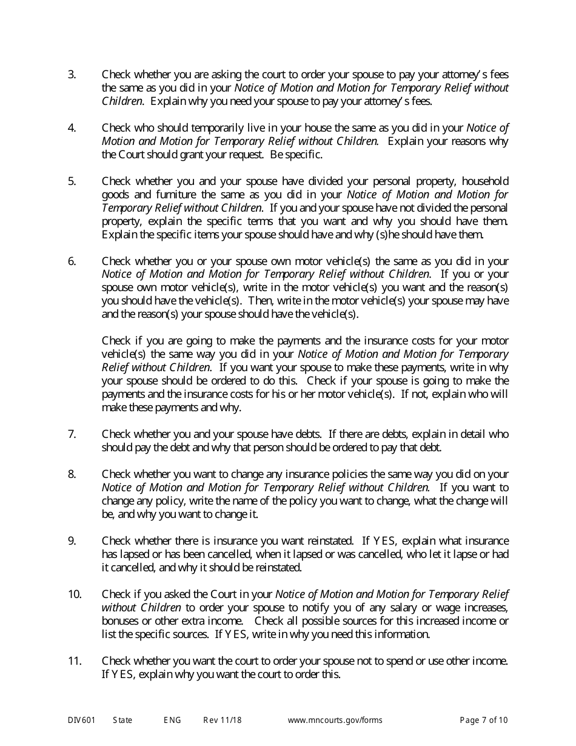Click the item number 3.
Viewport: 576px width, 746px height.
pos(72,75)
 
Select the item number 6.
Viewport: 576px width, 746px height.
pos(72,261)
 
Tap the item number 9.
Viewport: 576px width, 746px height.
pos(72,540)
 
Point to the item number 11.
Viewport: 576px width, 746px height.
pos(74,660)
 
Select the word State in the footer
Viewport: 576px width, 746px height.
pos(122,721)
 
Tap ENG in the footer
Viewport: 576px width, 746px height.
pos(172,721)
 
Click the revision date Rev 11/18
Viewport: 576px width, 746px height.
pos(223,721)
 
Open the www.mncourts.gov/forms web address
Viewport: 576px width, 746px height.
pos(335,721)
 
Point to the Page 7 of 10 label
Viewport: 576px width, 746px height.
pos(484,721)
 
